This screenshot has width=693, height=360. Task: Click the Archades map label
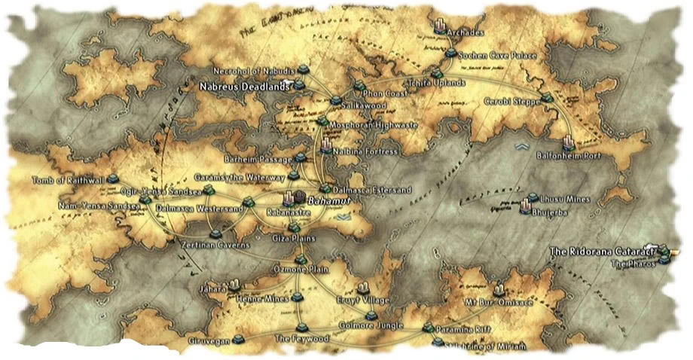point(466,34)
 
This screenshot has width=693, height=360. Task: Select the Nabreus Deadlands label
point(244,87)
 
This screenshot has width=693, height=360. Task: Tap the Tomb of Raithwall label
point(68,181)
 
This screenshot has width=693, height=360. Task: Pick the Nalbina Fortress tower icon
point(326,145)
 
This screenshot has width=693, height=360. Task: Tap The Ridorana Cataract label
point(600,251)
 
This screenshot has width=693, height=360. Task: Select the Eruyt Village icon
point(362,288)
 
